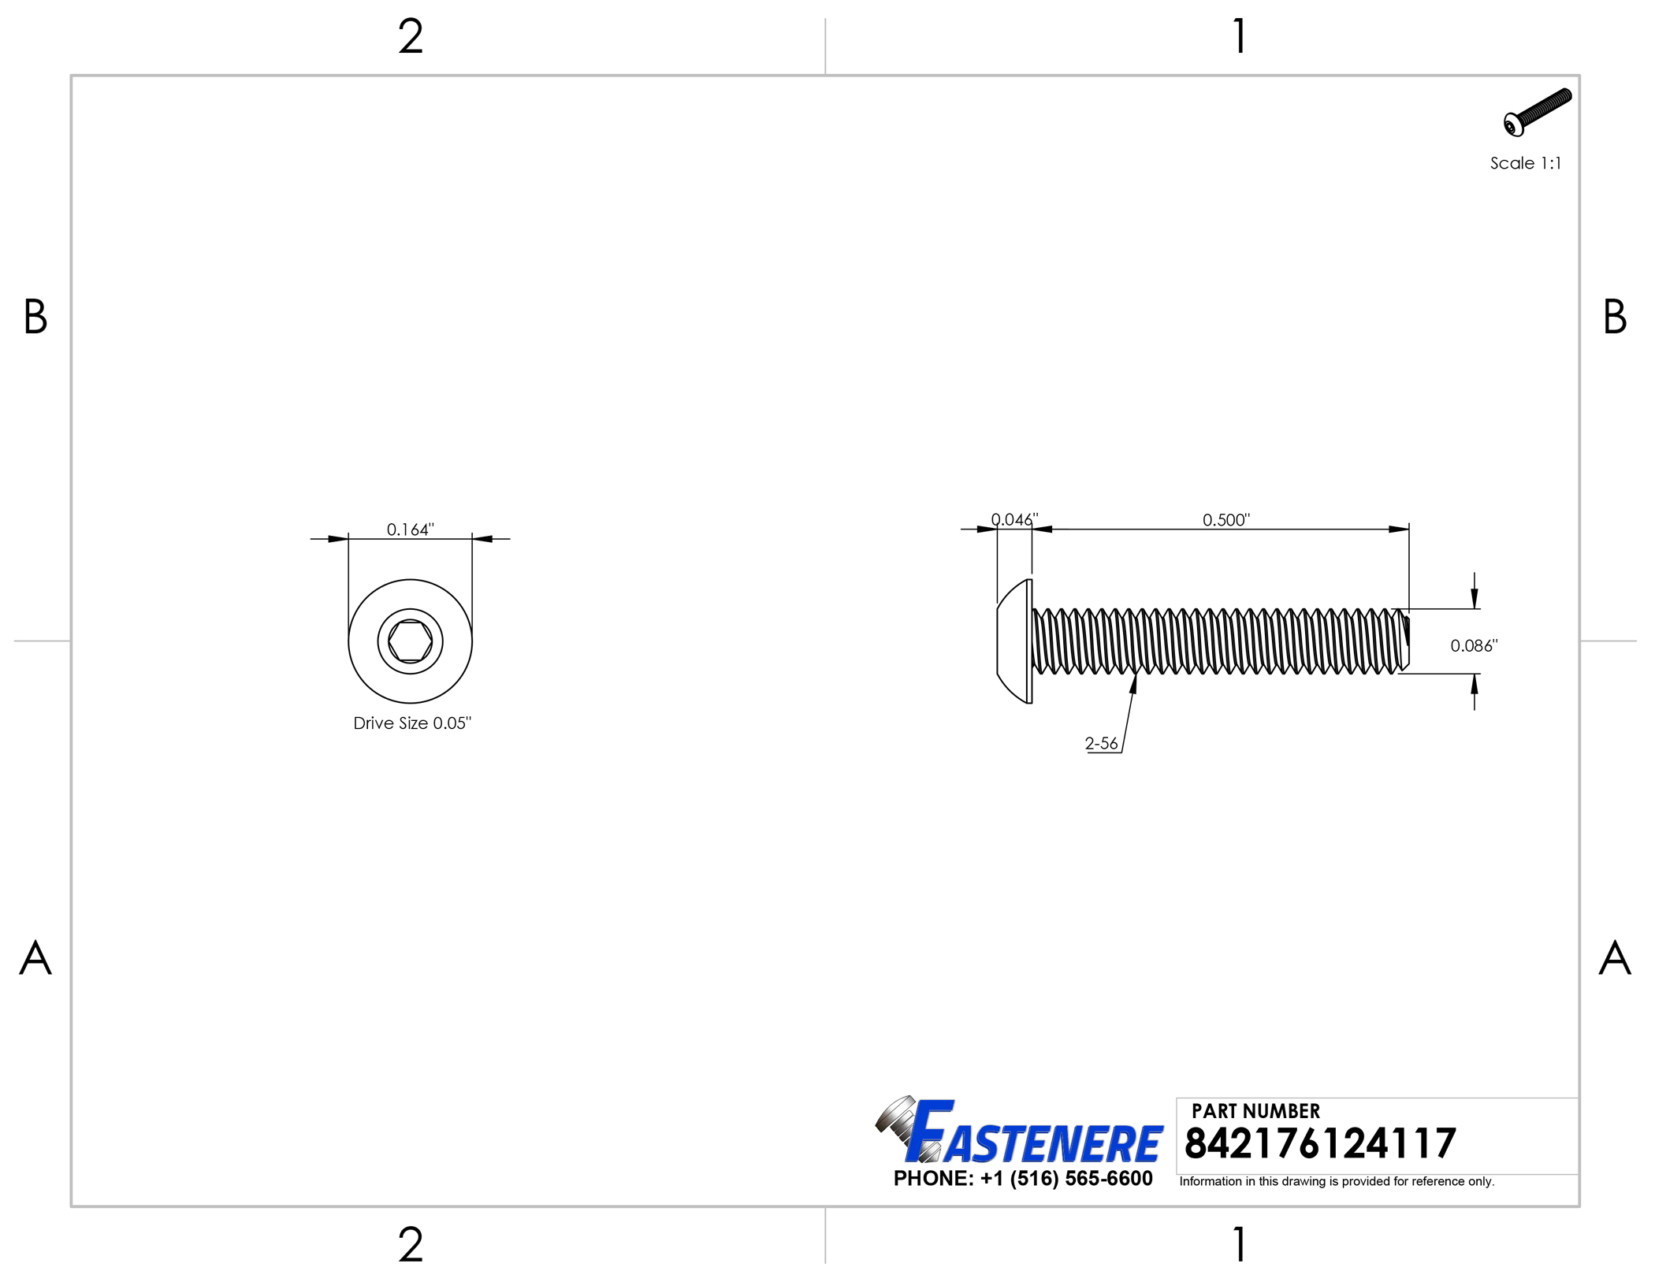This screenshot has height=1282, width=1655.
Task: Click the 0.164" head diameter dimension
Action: [410, 530]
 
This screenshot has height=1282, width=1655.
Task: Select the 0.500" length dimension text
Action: [1226, 520]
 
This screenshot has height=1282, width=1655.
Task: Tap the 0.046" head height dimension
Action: [1014, 520]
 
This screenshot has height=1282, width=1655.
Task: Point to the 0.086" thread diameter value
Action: [1474, 646]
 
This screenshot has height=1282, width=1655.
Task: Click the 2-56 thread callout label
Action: [1101, 743]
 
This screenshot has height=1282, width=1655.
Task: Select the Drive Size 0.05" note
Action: [412, 723]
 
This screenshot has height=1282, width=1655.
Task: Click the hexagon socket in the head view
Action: [410, 641]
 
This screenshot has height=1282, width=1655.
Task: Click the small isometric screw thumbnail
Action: [1537, 112]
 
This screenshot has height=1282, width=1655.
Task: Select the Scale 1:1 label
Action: [1525, 163]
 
